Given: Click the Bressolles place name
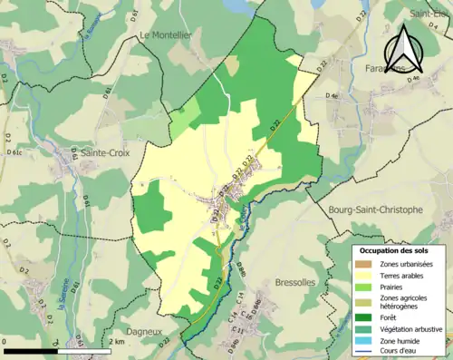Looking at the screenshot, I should coord(294,282).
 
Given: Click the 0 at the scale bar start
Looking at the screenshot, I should coord(5,342).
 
